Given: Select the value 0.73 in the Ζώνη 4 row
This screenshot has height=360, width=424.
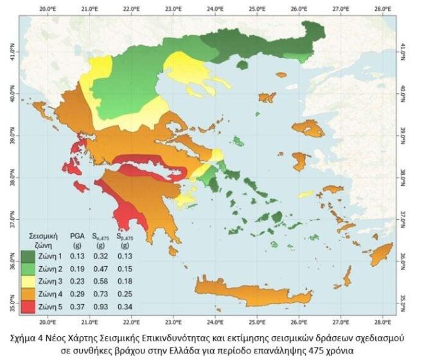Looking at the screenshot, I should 99,292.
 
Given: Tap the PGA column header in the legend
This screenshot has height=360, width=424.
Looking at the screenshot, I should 76,235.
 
